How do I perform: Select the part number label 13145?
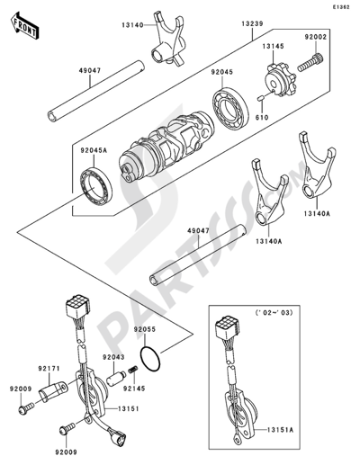[x=274, y=43]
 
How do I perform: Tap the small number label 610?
[x=262, y=116]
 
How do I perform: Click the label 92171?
[x=24, y=369]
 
